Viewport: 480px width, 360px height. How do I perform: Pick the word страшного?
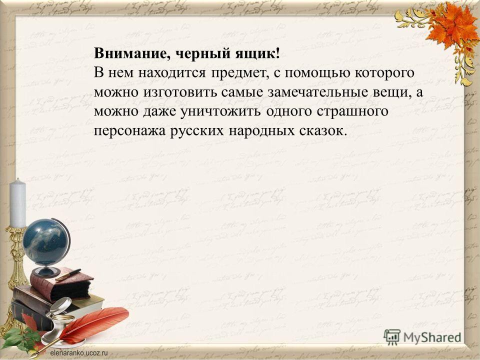click(x=352, y=111)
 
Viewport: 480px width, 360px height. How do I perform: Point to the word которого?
click(x=384, y=73)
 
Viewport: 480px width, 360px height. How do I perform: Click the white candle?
click(x=18, y=203)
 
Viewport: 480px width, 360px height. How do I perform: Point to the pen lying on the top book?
click(x=68, y=274)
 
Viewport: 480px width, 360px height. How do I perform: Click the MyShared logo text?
click(x=432, y=337)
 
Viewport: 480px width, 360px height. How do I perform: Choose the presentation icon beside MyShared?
click(x=392, y=337)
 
